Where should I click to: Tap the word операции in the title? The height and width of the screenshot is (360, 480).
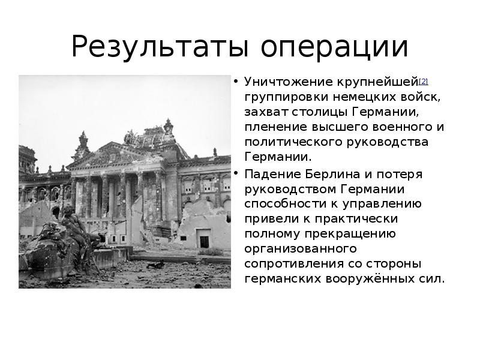tap(335, 47)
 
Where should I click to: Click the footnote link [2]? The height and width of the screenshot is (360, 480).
tap(423, 82)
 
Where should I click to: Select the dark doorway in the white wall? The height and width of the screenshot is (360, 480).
tap(205, 242)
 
